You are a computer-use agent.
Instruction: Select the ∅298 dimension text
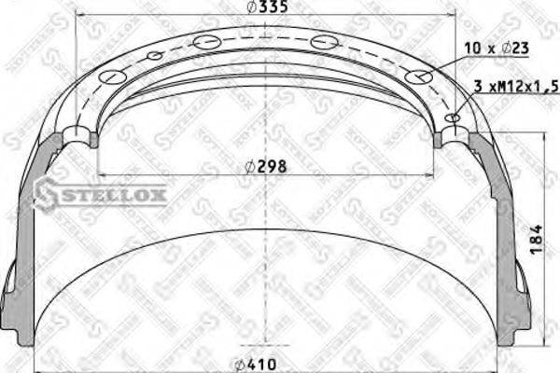(265, 167)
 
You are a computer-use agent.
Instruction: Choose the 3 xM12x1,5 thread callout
(514, 86)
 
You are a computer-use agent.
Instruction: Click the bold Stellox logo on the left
(100, 195)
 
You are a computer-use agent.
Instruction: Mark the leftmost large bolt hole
(111, 77)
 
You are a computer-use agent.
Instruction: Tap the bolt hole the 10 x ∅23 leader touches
(420, 77)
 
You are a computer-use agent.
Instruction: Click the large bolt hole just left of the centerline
(207, 42)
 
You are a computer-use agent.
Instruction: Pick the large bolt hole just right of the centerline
(324, 42)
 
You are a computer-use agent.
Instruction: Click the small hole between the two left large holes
(155, 56)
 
